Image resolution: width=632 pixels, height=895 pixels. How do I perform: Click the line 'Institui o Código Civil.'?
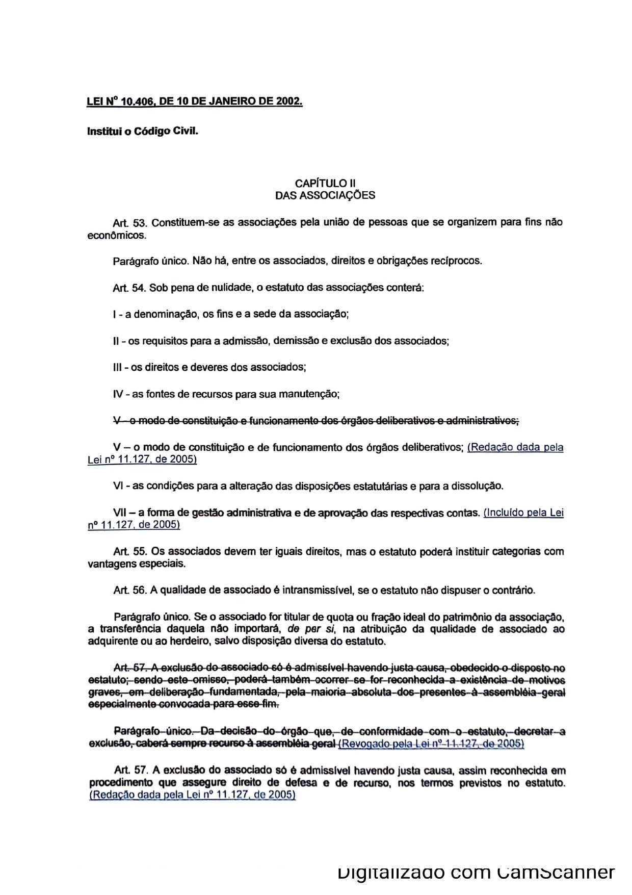point(142,131)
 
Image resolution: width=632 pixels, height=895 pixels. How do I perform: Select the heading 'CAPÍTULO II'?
point(325,183)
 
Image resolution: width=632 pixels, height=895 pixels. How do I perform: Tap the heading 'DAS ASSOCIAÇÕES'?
point(325,195)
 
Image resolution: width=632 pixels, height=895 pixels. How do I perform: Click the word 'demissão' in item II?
point(297,341)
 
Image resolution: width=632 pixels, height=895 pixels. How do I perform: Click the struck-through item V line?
point(315,421)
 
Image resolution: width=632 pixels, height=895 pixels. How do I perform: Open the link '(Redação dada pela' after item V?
point(515,447)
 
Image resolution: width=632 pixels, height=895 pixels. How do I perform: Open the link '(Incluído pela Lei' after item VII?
point(523,513)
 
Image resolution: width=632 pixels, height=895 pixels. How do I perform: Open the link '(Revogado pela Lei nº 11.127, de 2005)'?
point(431,744)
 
